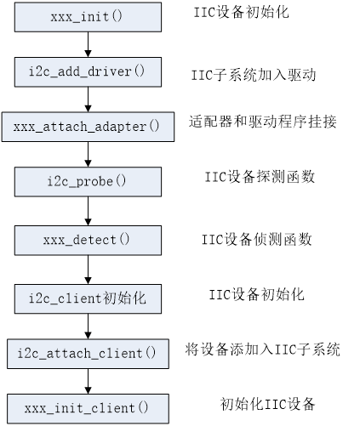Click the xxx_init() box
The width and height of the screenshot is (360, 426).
tap(88, 17)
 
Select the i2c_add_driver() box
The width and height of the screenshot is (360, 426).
tap(88, 71)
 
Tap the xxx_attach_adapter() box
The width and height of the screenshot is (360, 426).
tap(88, 126)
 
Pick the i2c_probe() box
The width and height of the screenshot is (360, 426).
tap(88, 181)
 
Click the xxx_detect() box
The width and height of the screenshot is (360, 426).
tap(88, 240)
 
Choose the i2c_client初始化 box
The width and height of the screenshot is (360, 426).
tap(88, 298)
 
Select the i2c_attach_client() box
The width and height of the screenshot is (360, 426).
tap(88, 352)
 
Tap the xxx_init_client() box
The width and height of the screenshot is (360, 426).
tap(88, 406)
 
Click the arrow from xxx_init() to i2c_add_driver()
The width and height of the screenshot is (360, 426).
tap(88, 44)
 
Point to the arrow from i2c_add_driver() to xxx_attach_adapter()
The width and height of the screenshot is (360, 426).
tap(88, 99)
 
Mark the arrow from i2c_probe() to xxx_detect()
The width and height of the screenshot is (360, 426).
tap(88, 210)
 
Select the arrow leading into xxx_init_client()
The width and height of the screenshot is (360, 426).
tap(88, 379)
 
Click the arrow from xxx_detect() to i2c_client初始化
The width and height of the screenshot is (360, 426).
tap(88, 269)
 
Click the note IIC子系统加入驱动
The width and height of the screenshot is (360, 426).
tap(253, 76)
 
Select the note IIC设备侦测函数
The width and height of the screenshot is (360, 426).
tap(255, 240)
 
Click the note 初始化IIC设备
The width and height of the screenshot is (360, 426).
tap(267, 403)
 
